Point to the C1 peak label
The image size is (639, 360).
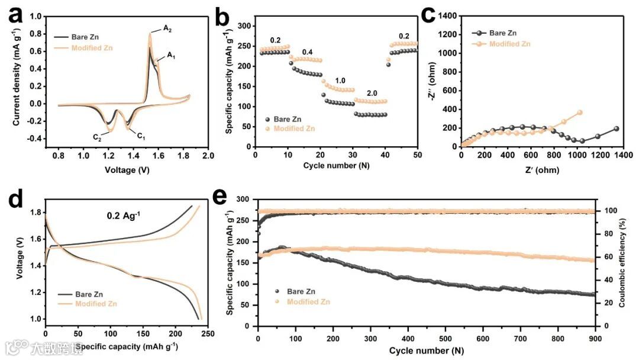click(x=141, y=136)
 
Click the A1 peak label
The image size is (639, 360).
click(x=171, y=55)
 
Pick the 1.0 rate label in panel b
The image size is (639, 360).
click(x=340, y=81)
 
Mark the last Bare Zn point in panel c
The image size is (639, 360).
click(x=617, y=128)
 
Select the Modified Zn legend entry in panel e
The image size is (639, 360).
click(x=309, y=302)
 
